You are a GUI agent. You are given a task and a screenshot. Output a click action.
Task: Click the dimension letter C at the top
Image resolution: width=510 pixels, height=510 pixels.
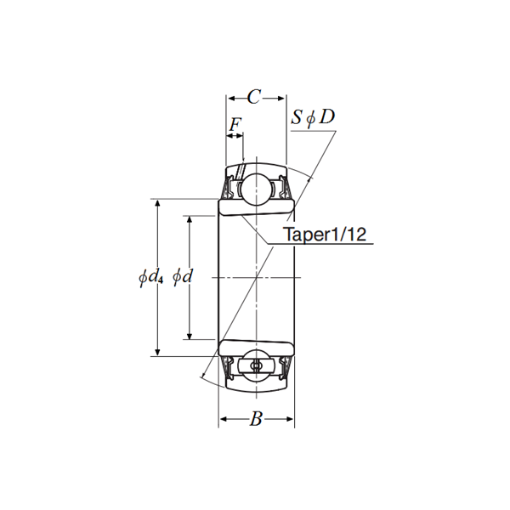253,95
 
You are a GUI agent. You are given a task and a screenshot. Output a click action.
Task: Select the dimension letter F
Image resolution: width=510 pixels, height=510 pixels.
235,124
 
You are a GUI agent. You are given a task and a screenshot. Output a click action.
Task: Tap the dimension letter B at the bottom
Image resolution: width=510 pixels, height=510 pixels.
255,419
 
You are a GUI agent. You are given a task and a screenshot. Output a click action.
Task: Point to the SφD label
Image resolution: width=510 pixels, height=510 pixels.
313,116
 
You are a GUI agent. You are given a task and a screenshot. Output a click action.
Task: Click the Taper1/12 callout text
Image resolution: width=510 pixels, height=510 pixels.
324,235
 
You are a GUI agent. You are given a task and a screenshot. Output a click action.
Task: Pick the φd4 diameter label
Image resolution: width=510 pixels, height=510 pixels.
150,277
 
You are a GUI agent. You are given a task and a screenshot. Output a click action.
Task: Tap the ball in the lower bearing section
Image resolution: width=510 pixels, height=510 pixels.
257,365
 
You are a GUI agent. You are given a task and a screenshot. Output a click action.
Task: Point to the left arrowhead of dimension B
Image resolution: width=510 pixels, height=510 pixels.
224,419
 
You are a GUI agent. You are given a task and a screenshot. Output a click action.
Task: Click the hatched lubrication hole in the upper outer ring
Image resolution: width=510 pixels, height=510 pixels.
241,170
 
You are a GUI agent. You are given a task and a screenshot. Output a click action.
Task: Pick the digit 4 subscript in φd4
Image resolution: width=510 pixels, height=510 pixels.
160,280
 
